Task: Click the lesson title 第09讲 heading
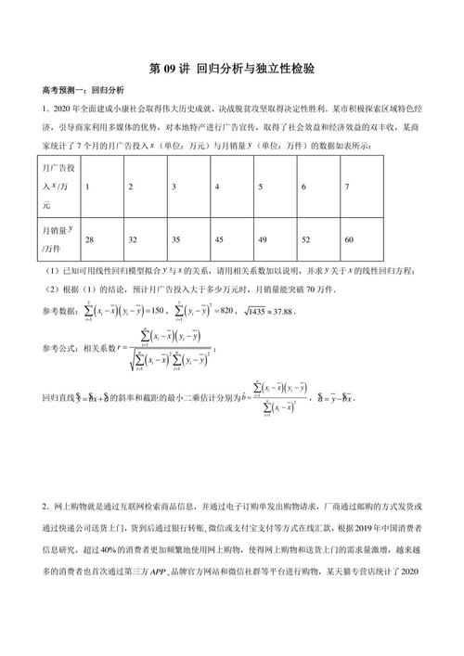click(231, 69)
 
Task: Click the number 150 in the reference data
click(159, 313)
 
